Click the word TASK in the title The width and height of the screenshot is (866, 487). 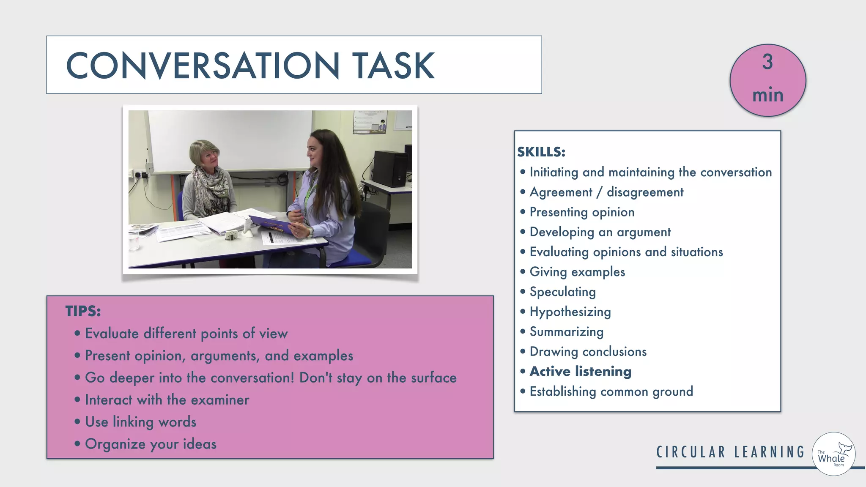pos(393,66)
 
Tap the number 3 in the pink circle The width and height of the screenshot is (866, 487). pos(767,62)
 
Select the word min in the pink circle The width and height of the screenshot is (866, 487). pos(768,95)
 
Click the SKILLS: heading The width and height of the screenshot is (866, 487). pos(541,152)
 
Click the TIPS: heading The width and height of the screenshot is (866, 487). pos(83,311)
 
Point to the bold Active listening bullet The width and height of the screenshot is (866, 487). pos(580,372)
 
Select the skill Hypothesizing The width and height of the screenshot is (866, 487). pos(570,312)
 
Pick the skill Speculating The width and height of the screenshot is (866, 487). pos(562,292)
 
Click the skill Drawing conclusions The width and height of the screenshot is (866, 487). pos(588,352)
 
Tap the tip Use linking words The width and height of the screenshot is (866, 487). pos(140,422)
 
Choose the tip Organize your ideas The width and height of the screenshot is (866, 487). pos(151,444)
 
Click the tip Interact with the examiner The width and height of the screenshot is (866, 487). pos(167,400)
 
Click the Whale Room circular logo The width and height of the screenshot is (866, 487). pos(833,454)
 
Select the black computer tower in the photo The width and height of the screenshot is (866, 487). pos(390,168)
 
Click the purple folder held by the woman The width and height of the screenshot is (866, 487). pos(271,224)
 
